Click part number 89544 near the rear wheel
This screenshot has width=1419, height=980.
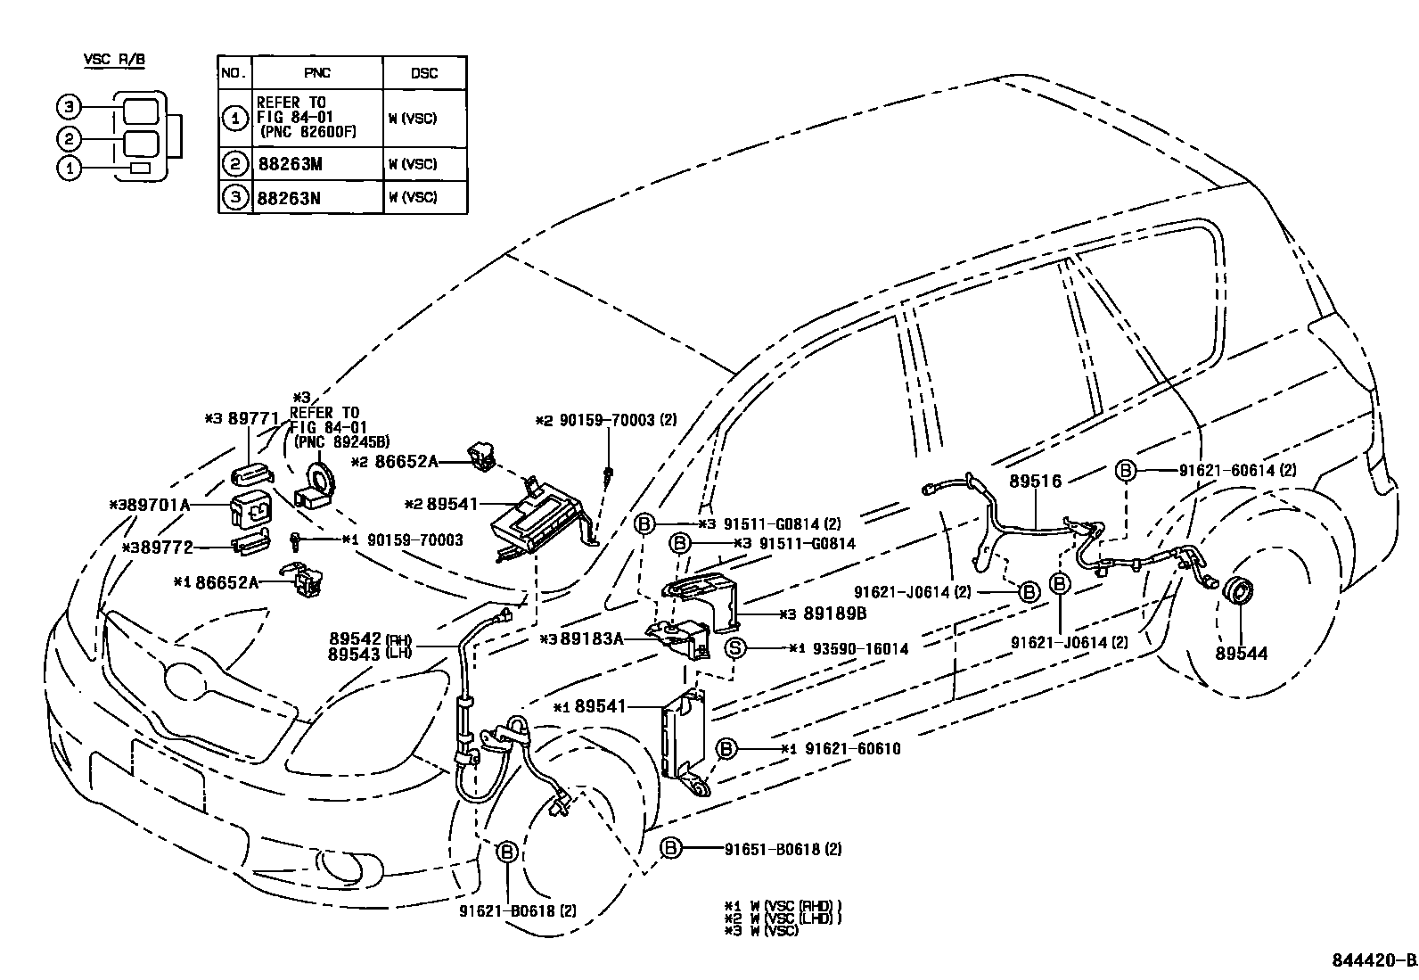tap(1242, 654)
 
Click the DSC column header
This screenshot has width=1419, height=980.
tap(424, 73)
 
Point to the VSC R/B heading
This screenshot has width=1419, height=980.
tap(114, 60)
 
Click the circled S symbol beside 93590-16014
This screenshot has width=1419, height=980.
tap(734, 648)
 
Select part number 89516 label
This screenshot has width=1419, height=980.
tap(1035, 482)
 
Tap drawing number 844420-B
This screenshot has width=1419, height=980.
tap(1374, 960)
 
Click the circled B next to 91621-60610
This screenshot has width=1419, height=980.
tap(726, 748)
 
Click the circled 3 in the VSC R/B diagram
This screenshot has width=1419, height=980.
tap(69, 108)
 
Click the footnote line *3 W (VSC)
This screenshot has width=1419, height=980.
tap(762, 931)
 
